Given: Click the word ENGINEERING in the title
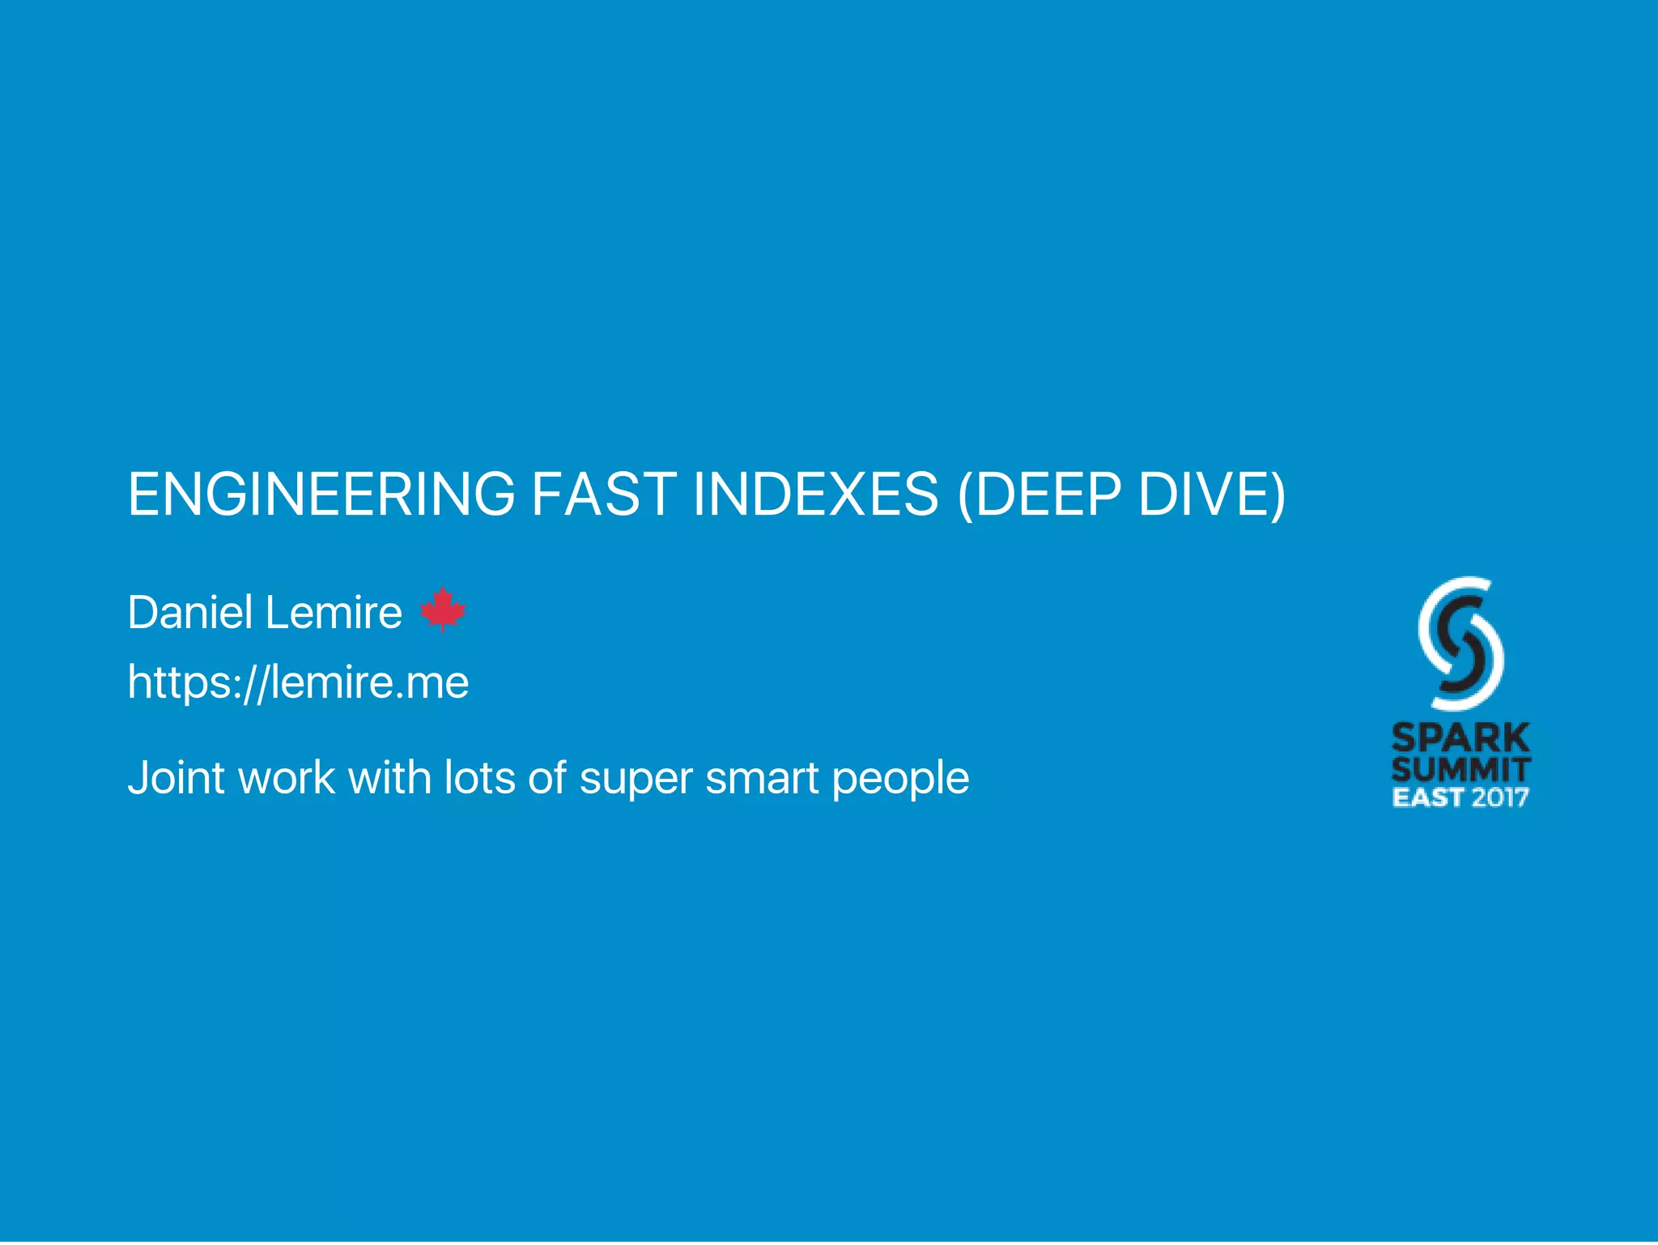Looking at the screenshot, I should coord(321,494).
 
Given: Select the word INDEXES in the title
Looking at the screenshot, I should coord(815,494).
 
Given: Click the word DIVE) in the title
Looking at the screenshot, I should coord(1212,494).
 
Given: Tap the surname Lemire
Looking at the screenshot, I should coord(334,612).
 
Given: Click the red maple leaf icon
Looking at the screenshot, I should coord(443,609).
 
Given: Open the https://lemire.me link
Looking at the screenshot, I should coord(298,682).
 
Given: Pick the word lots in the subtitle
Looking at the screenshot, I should coord(479,778).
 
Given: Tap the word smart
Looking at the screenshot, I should coord(762,778).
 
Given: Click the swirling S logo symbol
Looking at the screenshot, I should coord(1460,643).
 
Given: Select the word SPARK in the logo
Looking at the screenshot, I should coord(1460,737).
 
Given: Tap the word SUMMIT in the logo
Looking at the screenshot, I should coord(1460,769).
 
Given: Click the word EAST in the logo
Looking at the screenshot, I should coord(1426,797).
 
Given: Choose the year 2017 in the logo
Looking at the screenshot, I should coord(1500,797).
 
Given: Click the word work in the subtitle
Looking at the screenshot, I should coord(287,778).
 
